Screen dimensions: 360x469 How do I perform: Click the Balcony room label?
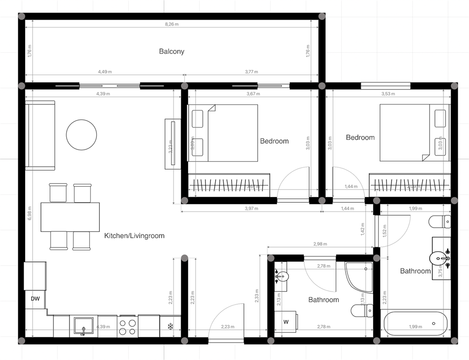(171, 51)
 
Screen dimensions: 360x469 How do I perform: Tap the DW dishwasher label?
(35, 299)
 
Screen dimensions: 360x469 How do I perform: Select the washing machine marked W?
(286, 322)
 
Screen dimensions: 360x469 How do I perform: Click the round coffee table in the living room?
(81, 134)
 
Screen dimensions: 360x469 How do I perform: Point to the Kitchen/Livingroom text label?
(134, 235)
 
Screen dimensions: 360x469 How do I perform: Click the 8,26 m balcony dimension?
(172, 24)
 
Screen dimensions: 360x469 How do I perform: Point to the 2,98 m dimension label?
(320, 244)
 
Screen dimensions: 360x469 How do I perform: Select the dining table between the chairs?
(70, 217)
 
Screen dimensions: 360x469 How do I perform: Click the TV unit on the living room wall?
(171, 144)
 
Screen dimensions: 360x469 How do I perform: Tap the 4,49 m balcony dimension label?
(105, 72)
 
